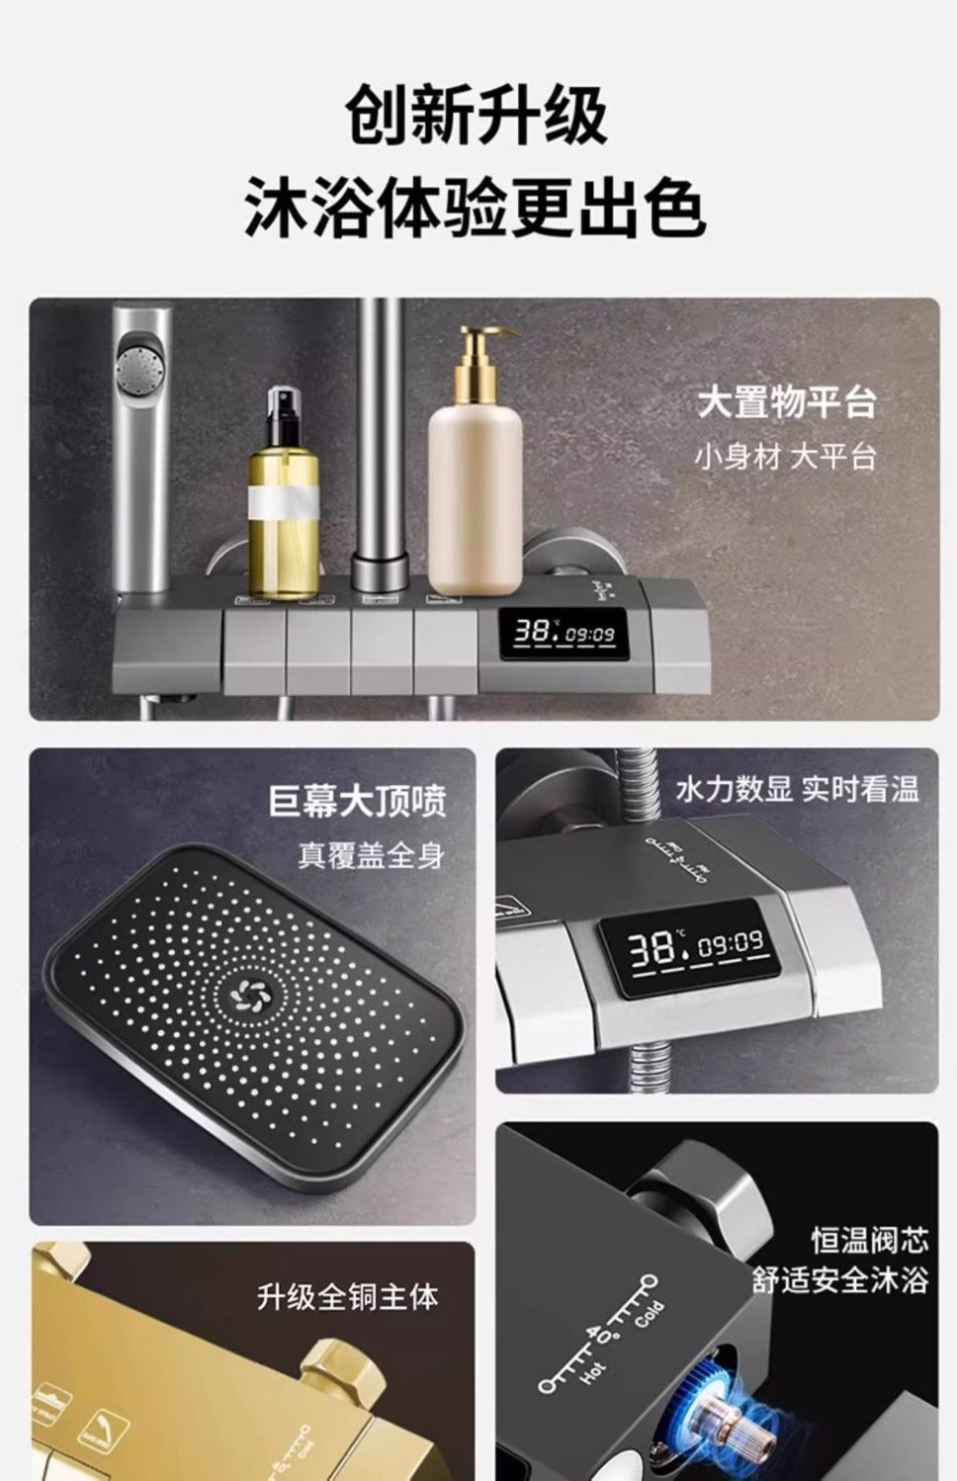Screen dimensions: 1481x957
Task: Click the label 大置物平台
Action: [x=786, y=403]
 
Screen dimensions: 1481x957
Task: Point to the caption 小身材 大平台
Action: [x=785, y=457]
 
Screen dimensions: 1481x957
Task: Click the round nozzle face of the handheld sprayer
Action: [x=138, y=363]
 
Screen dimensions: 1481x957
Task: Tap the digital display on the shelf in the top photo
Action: [x=563, y=634]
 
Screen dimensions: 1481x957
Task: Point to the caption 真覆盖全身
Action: [x=371, y=855]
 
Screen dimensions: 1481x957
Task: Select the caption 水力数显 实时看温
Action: [x=797, y=789]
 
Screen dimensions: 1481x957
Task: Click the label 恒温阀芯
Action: [x=870, y=1238]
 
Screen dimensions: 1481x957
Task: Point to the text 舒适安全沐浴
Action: [x=840, y=1280]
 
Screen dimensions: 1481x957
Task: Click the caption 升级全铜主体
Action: [x=347, y=1296]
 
